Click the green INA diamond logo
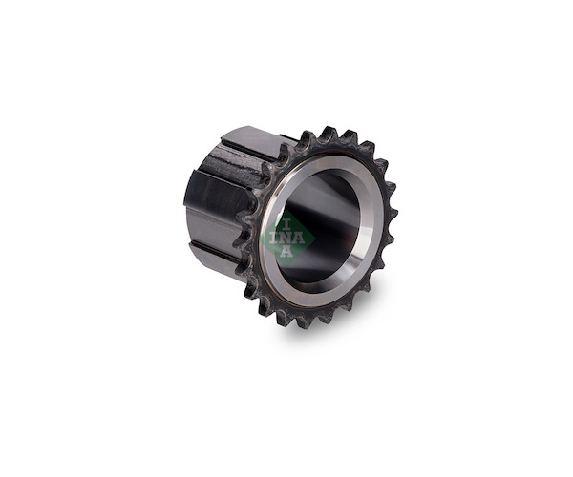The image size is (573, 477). (x=287, y=238)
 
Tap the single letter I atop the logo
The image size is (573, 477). (x=287, y=224)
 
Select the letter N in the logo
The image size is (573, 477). (x=286, y=238)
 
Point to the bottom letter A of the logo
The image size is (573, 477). (x=286, y=251)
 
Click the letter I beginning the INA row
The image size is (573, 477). (x=274, y=238)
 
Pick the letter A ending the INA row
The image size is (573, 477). (x=299, y=238)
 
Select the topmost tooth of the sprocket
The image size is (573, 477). (x=329, y=134)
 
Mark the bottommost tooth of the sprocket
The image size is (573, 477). (x=306, y=321)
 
